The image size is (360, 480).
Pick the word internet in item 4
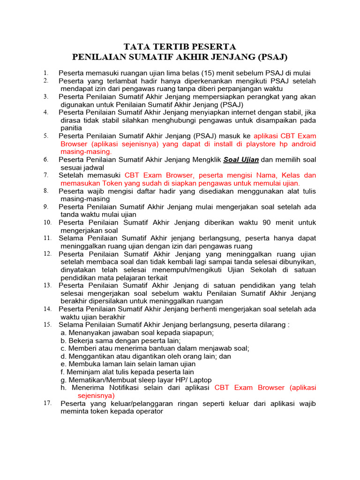tap(225, 112)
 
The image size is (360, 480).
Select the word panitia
tap(71, 128)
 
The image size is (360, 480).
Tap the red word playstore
tap(249, 144)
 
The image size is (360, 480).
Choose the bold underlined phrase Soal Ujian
tap(241, 159)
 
